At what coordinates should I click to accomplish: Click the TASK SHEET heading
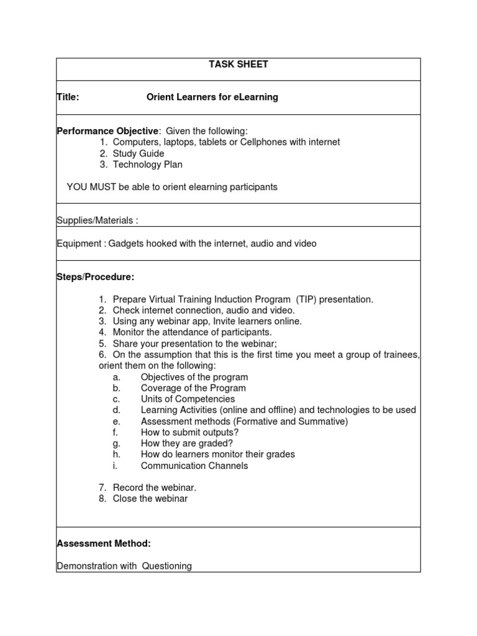pos(238,65)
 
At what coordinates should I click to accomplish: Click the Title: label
pos(68,97)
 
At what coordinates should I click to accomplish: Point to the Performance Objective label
pos(107,131)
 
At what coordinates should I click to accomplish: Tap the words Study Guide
pos(139,153)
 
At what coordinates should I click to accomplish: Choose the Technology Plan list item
pos(147,165)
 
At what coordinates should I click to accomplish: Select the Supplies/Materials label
pos(97,220)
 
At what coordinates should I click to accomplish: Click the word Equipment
pos(79,243)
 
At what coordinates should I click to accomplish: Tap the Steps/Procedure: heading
pos(95,277)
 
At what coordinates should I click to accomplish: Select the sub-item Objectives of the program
pos(194,377)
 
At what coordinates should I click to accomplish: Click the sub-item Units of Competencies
pos(188,399)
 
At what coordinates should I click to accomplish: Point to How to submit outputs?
pos(189,432)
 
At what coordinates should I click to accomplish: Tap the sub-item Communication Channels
pos(194,465)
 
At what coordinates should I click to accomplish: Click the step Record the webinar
pos(154,488)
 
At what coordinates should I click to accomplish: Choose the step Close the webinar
pos(150,498)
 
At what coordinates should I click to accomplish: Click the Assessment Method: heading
pos(104,543)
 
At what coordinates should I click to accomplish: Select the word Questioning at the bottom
pos(166,566)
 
